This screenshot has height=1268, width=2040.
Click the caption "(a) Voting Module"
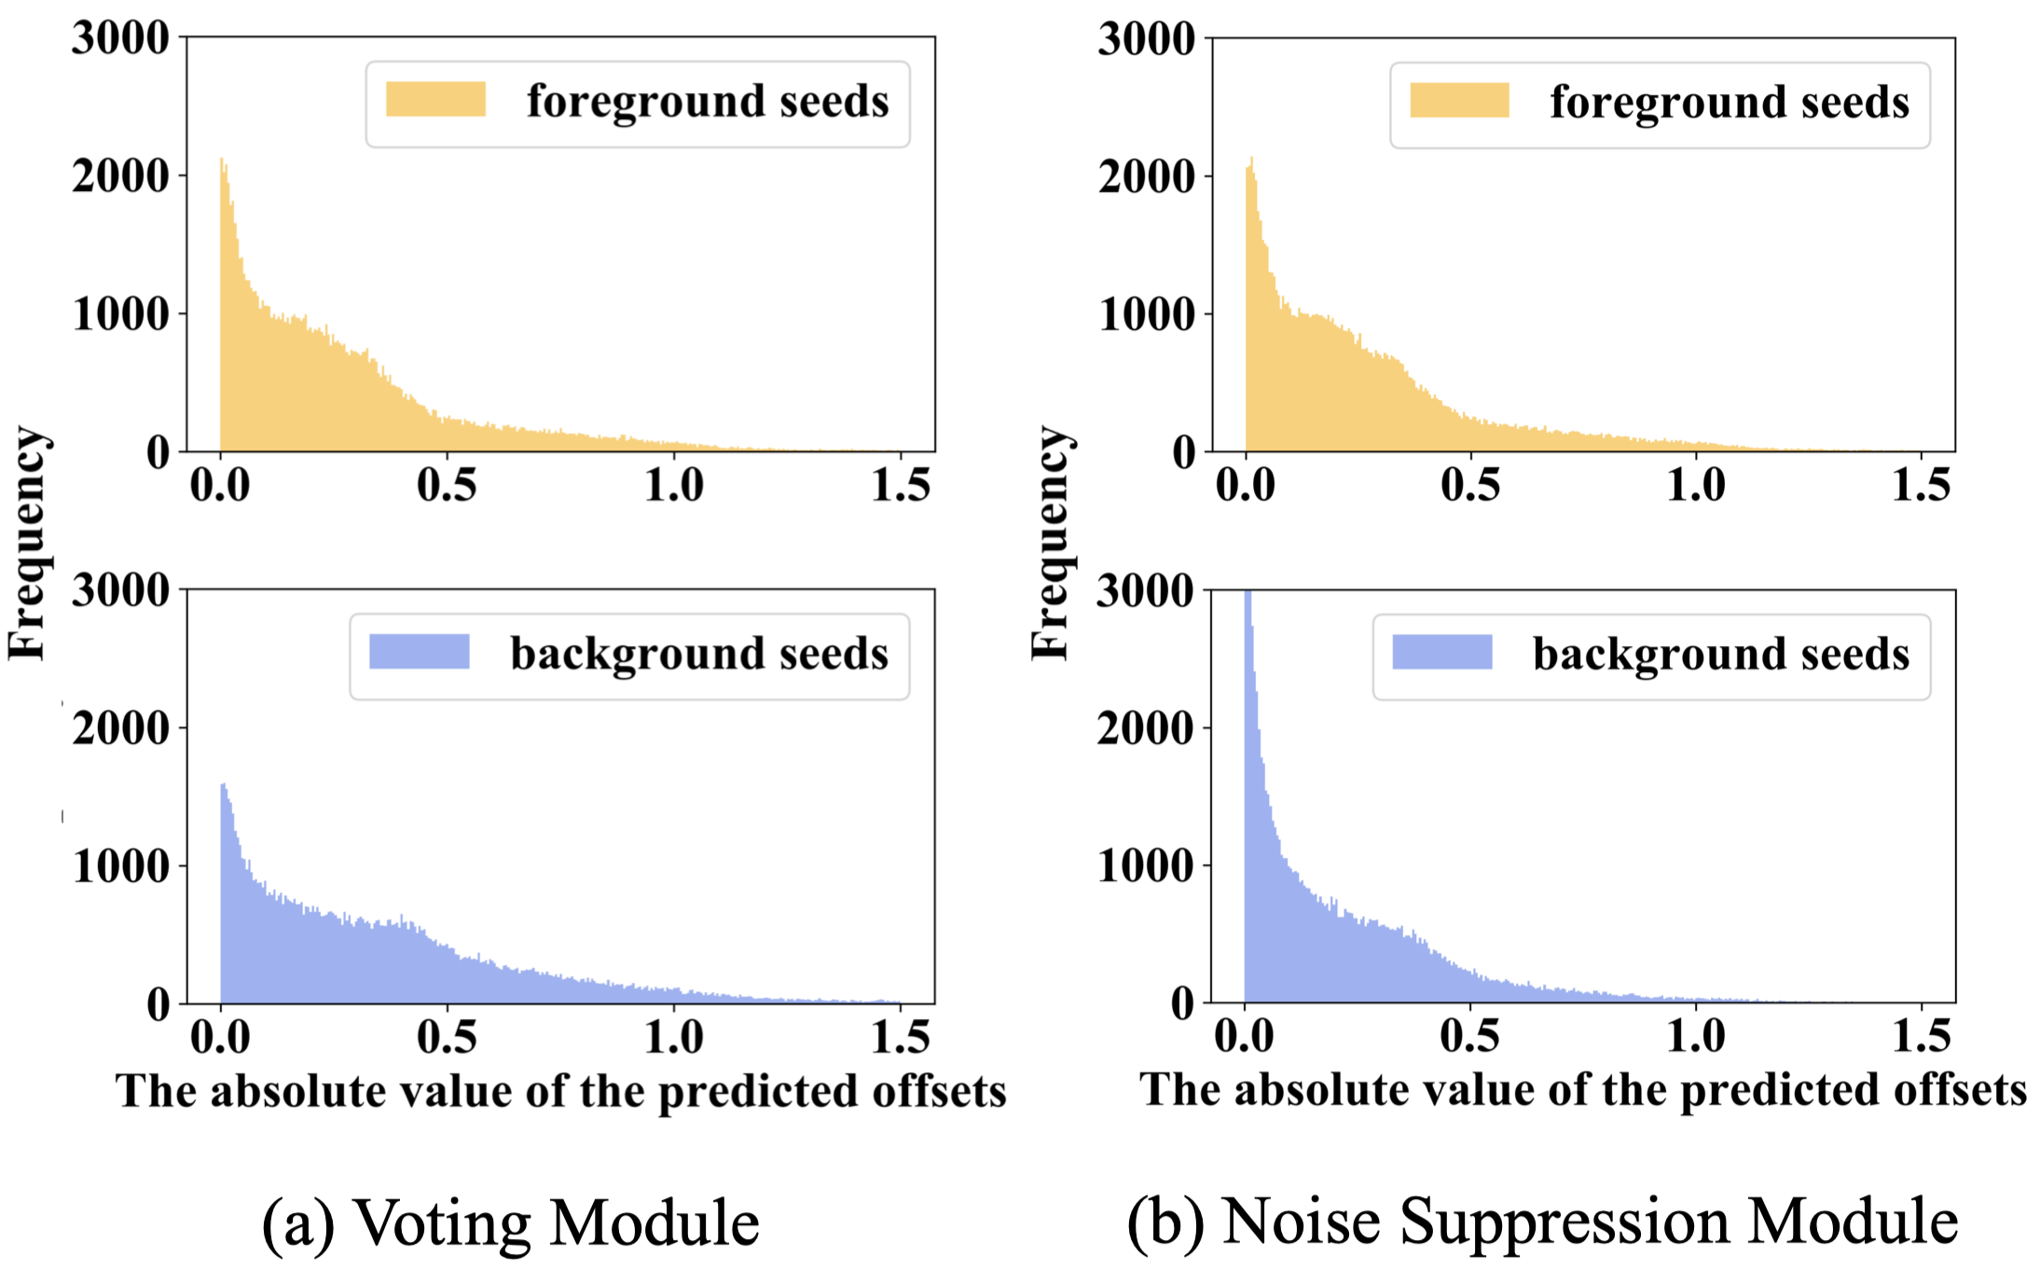tap(511, 1222)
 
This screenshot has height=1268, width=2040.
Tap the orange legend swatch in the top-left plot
tap(435, 99)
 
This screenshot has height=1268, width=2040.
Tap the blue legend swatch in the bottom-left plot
tap(419, 651)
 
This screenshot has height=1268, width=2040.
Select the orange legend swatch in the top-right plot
tap(1459, 101)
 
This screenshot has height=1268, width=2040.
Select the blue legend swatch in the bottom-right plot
tap(1441, 652)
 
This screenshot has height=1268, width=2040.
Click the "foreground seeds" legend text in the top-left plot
tap(708, 101)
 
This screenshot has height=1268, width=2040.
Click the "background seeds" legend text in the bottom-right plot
tap(1721, 654)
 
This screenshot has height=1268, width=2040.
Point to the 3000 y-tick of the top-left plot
tap(121, 38)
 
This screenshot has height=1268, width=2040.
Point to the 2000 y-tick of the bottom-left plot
tap(121, 728)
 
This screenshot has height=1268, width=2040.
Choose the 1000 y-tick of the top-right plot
tap(1147, 315)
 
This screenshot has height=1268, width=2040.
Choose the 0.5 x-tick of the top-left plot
tap(447, 485)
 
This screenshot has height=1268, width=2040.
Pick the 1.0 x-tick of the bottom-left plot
tap(674, 1037)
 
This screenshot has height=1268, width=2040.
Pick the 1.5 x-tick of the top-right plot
tap(1921, 485)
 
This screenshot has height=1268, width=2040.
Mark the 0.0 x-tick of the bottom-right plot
tap(1245, 1037)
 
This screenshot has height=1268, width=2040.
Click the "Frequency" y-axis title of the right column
tap(1051, 544)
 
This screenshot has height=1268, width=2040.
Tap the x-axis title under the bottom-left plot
tap(560, 1091)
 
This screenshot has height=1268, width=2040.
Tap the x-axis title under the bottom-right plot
tap(1583, 1089)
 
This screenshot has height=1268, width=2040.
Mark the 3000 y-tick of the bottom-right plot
tap(1145, 591)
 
